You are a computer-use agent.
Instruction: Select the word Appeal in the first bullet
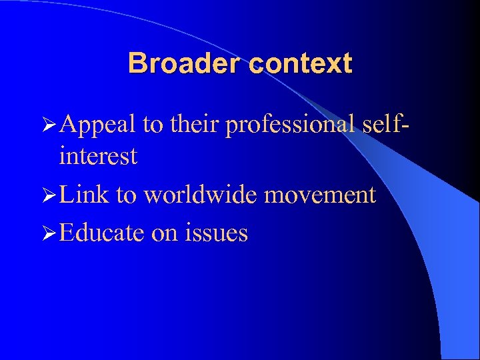point(97,123)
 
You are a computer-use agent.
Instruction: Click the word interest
point(98,157)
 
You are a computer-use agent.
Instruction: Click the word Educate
point(101,233)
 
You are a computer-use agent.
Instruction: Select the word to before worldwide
point(127,195)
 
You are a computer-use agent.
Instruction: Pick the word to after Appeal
point(154,123)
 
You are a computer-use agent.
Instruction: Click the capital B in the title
point(136,64)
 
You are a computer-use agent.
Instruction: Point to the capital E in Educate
point(65,233)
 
